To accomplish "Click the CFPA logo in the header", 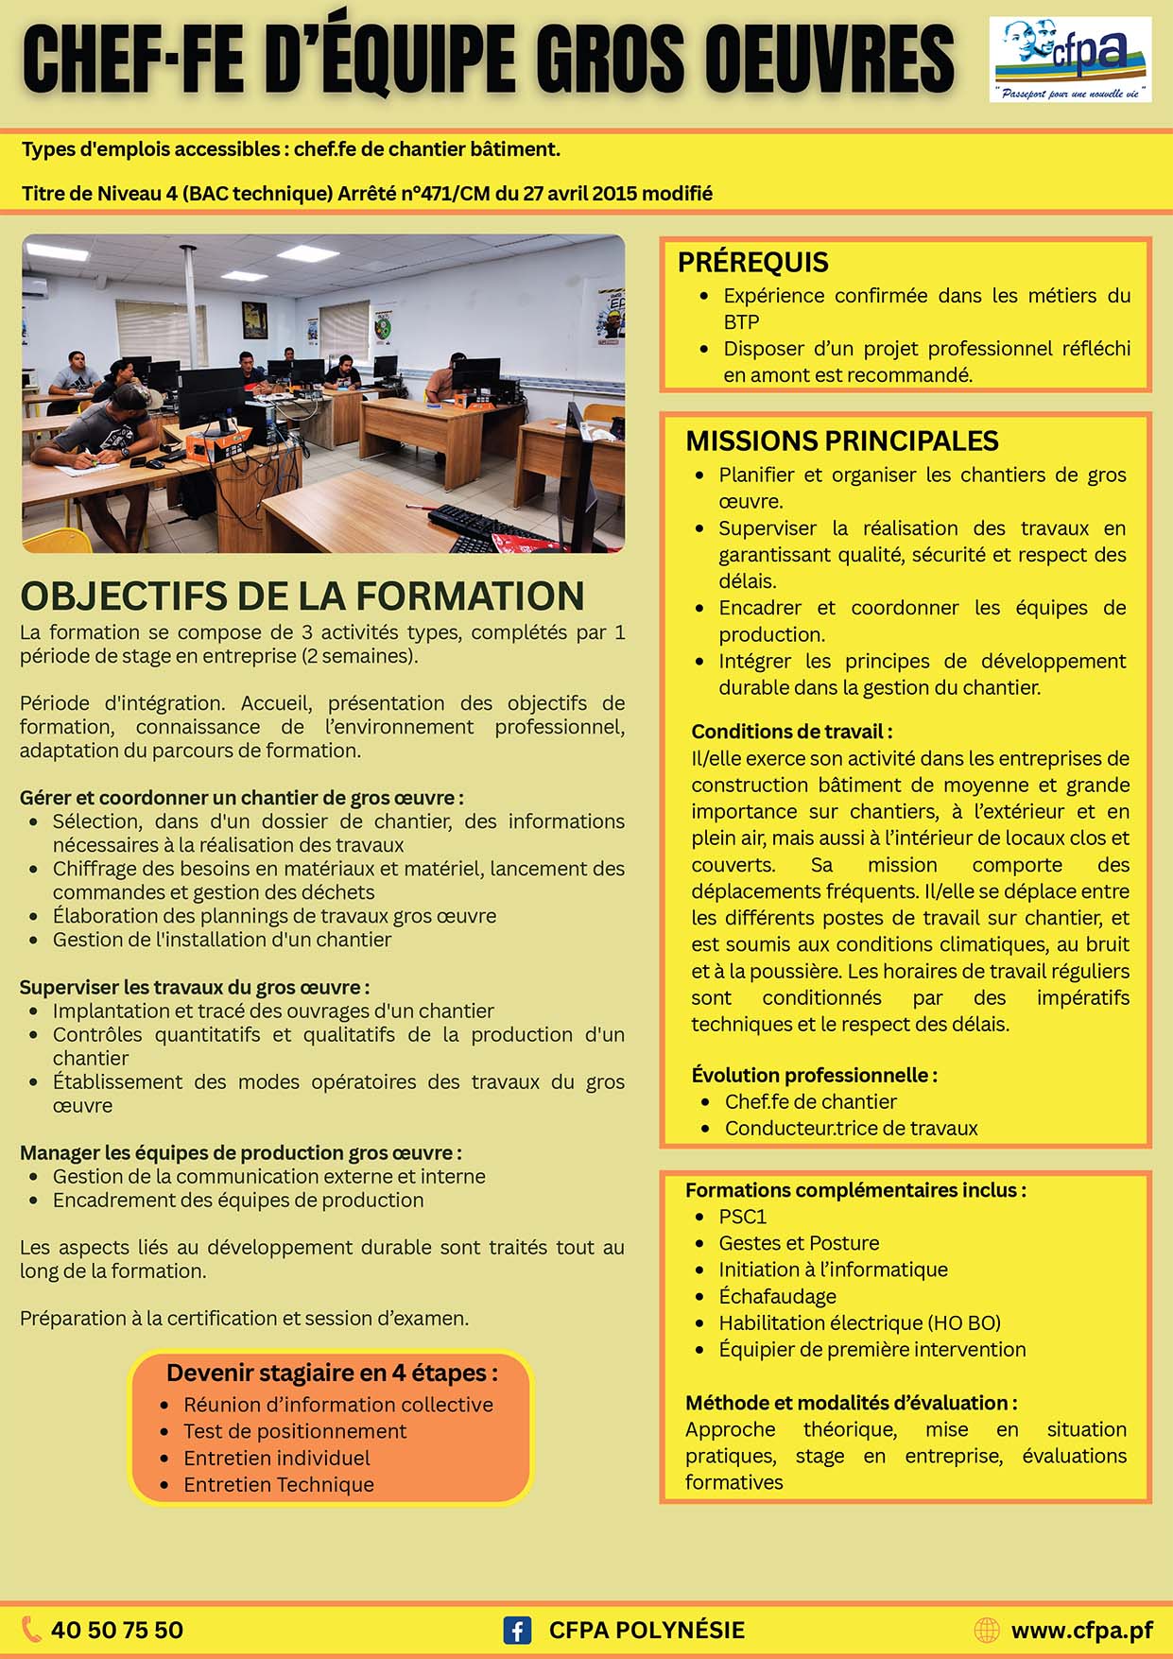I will click(x=1070, y=59).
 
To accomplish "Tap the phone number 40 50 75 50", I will click(x=117, y=1630).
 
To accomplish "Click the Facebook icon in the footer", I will click(x=516, y=1631).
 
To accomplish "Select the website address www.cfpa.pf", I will click(x=1081, y=1630).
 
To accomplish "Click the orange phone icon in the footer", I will click(x=32, y=1629).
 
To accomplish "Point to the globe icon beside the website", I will click(x=986, y=1630).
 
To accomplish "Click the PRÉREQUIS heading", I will click(x=752, y=263).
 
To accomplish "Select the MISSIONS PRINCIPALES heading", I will click(x=841, y=441).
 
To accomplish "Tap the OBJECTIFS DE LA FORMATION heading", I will click(x=302, y=596).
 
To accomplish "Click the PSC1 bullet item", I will click(x=742, y=1217).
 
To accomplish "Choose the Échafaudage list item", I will click(x=777, y=1296).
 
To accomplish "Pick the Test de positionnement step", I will click(x=295, y=1431).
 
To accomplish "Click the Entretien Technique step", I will click(x=279, y=1484).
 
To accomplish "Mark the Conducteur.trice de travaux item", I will click(x=851, y=1128).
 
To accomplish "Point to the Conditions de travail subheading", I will click(x=791, y=732).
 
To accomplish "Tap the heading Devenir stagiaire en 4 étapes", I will click(x=332, y=1373).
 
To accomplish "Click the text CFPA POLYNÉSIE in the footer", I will click(x=647, y=1631).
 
